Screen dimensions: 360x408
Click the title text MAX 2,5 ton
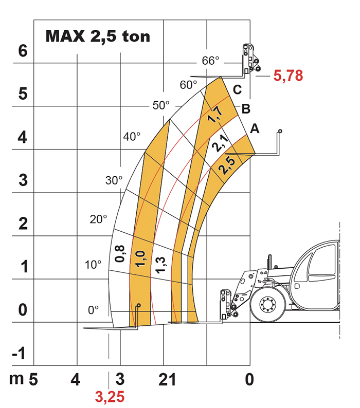[x=98, y=36]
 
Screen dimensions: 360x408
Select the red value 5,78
[x=288, y=76]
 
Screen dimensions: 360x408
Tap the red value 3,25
[x=110, y=397]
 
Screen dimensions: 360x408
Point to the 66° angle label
[x=210, y=61]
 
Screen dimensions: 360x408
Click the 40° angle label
[x=132, y=136]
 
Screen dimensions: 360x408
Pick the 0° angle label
[x=93, y=310]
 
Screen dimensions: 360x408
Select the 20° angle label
[x=98, y=219]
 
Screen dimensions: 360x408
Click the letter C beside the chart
[x=237, y=90]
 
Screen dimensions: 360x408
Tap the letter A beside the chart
[x=255, y=128]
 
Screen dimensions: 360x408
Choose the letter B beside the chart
[x=246, y=109]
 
